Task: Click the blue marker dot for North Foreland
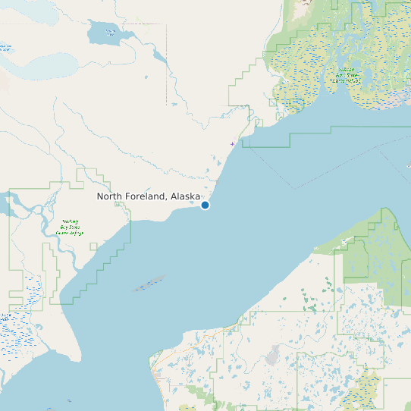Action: click(205, 205)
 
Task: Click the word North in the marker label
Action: click(109, 196)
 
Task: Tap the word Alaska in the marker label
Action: click(185, 196)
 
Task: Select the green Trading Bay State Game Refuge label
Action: click(70, 227)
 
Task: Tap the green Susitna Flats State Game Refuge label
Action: click(348, 74)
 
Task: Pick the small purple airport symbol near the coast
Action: click(232, 143)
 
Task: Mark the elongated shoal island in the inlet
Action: click(149, 284)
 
